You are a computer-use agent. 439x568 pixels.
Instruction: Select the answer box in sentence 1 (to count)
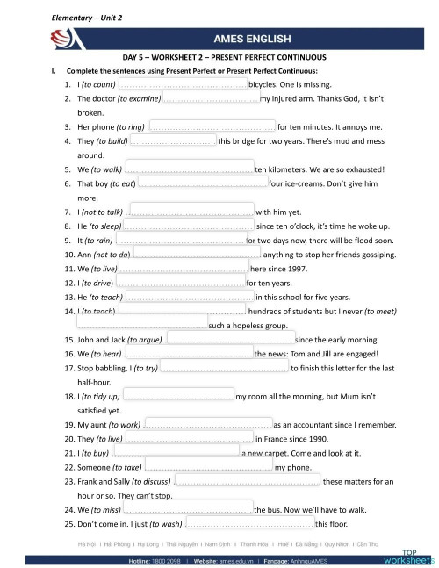(182, 84)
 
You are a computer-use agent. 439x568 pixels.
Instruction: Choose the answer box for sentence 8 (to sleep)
(188, 226)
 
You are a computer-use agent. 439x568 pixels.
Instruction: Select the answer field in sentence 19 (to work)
(206, 424)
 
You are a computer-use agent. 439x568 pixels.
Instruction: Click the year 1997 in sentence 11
(295, 269)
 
